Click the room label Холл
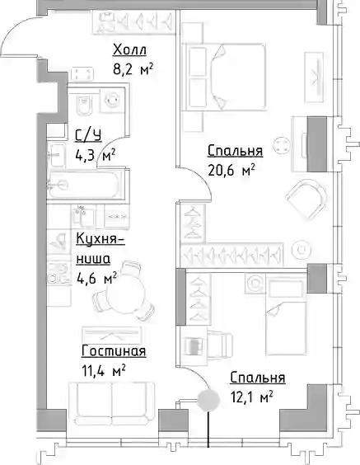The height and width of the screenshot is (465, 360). tap(130, 49)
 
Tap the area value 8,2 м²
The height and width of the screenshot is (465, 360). tap(133, 70)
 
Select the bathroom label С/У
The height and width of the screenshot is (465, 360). tap(88, 135)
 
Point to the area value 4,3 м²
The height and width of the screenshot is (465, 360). tap(95, 155)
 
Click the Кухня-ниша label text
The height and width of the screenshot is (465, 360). tap(101, 248)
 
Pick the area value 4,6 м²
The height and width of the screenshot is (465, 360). tap(97, 278)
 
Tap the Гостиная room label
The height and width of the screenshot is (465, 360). tap(114, 351)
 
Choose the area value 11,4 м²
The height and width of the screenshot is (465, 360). tap(104, 371)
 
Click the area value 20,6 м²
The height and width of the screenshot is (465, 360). tap(231, 170)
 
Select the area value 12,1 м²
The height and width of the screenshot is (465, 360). tap(252, 397)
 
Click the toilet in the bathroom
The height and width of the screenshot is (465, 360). tap(84, 106)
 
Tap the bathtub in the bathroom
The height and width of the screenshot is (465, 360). tap(84, 185)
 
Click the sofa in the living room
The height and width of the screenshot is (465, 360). tap(112, 402)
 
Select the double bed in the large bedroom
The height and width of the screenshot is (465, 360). tap(223, 77)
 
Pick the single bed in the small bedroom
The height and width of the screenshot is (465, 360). tap(286, 317)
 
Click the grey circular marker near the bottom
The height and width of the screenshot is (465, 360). tap(208, 401)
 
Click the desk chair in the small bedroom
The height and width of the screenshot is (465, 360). tap(220, 345)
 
